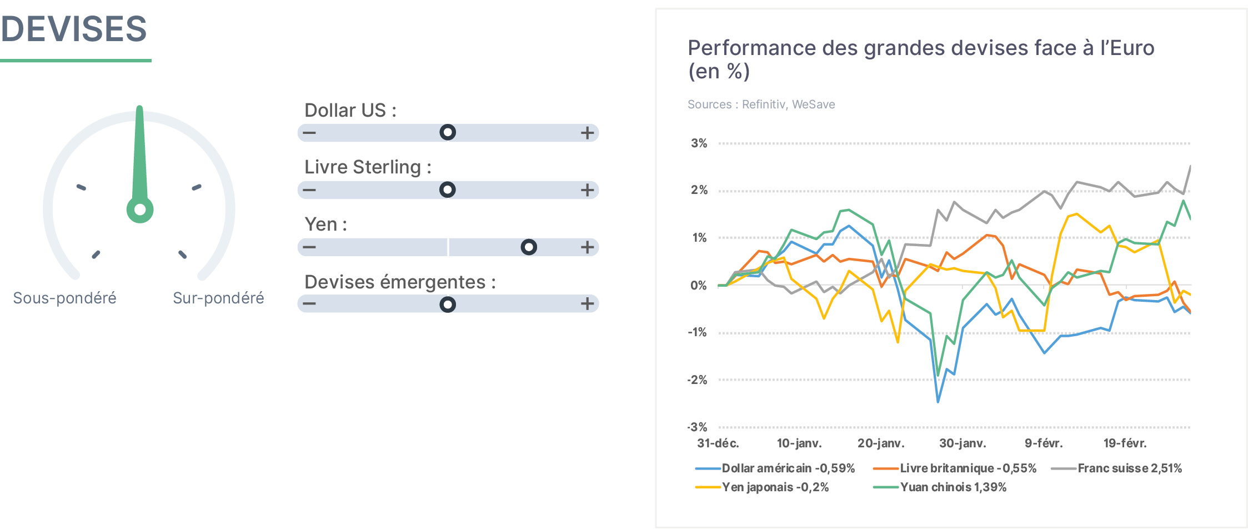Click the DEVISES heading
click(74, 29)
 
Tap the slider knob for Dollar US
click(448, 132)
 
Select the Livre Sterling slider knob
click(448, 189)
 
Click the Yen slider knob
click(529, 247)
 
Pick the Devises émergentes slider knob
click(448, 304)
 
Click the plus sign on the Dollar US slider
click(587, 133)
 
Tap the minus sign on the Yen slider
click(309, 247)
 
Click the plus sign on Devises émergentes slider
click(587, 303)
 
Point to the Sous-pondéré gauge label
click(64, 298)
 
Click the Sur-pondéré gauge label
click(218, 298)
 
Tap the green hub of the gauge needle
click(140, 209)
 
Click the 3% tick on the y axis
click(699, 143)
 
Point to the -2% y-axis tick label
click(697, 380)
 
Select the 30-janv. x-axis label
click(963, 443)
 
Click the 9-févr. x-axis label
click(1044, 443)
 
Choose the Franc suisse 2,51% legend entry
click(1116, 468)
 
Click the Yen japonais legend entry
click(762, 487)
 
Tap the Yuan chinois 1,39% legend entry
click(940, 487)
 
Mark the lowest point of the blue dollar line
click(938, 402)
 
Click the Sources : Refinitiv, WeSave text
click(761, 104)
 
